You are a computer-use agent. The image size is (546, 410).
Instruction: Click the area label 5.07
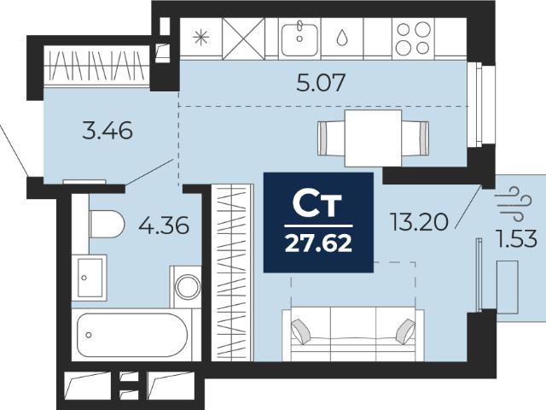pos(321,83)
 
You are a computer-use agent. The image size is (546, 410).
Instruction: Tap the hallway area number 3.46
pos(107,130)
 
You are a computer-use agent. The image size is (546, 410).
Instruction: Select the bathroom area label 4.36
pos(164,225)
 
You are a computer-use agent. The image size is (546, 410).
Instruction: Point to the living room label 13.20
pos(419,222)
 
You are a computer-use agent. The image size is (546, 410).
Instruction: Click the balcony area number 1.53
pos(517,239)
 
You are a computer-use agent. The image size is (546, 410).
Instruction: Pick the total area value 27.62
pos(318,243)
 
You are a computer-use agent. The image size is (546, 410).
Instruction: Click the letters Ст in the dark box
pos(317,204)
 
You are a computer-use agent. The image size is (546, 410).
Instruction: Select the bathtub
pos(132,335)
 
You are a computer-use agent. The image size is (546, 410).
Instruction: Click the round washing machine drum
pos(188,287)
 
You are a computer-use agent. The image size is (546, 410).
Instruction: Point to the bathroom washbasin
pos(89,278)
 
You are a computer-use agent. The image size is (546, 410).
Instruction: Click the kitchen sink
pos(299,38)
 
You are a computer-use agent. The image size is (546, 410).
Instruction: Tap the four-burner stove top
pos(413,38)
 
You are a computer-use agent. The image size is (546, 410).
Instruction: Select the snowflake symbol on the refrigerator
pos(201,38)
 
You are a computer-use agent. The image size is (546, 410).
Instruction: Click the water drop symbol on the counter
pos(342,38)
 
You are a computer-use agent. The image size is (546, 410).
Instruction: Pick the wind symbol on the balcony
pos(514,203)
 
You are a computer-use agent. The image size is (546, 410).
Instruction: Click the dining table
pos(373,138)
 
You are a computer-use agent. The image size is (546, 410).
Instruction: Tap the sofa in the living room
pos(353,334)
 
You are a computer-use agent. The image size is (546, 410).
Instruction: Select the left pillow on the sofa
pos(300,331)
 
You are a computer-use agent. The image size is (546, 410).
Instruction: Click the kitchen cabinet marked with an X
pos(243,38)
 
